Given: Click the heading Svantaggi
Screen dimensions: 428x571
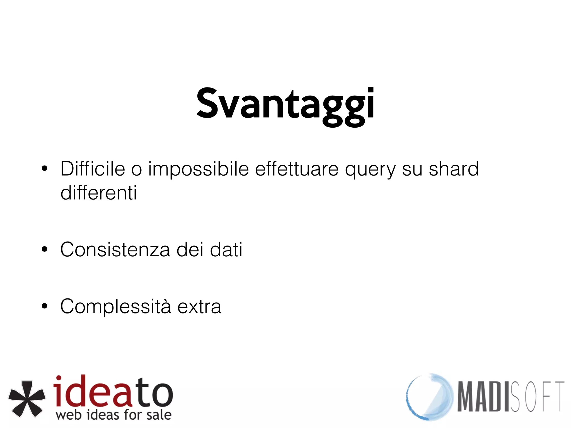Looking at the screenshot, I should click(x=285, y=104).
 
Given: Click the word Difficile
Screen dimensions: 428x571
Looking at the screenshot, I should click(x=93, y=169).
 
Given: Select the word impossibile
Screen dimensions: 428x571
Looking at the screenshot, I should click(x=198, y=169).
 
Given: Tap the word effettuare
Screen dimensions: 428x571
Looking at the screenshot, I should click(x=297, y=169).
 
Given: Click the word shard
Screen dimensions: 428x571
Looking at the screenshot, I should click(x=454, y=169).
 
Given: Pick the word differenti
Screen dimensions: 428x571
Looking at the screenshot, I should click(x=99, y=193).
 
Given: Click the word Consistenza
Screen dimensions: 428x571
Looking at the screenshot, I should click(x=115, y=249).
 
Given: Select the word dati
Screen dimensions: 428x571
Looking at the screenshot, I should click(x=226, y=249).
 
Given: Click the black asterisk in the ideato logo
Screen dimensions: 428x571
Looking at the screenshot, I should click(x=27, y=399).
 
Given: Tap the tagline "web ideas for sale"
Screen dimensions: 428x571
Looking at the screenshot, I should click(x=113, y=415).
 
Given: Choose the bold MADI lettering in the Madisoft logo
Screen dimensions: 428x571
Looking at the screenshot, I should click(x=484, y=397).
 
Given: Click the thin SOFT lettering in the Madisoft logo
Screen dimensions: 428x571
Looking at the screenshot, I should click(x=537, y=397).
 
